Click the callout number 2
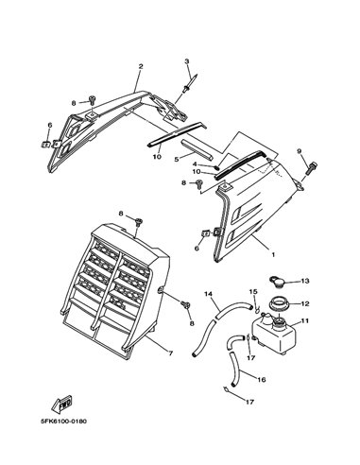pyautogui.click(x=141, y=66)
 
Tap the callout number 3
pyautogui.click(x=187, y=61)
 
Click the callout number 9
pyautogui.click(x=299, y=151)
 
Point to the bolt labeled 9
pyautogui.click(x=311, y=168)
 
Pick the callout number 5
pyautogui.click(x=177, y=160)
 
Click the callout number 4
pyautogui.click(x=195, y=164)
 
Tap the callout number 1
pyautogui.click(x=273, y=254)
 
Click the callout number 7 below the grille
pyautogui.click(x=170, y=353)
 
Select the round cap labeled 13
pyautogui.click(x=276, y=282)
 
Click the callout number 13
pyautogui.click(x=305, y=281)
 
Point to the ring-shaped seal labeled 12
pyautogui.click(x=279, y=305)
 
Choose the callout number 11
pyautogui.click(x=305, y=321)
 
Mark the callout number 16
pyautogui.click(x=262, y=380)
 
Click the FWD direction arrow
pyautogui.click(x=62, y=404)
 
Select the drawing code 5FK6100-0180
pyautogui.click(x=63, y=422)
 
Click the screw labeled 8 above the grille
pyautogui.click(x=138, y=222)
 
